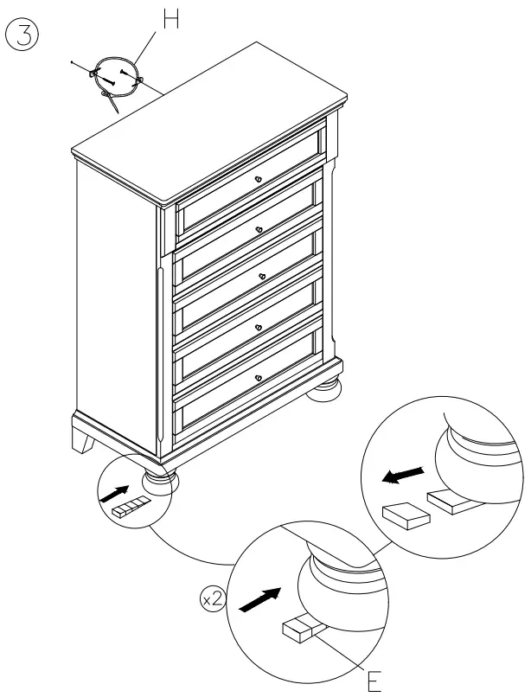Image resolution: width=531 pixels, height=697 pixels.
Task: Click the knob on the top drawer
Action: coord(258,179)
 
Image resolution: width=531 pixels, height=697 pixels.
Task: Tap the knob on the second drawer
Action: coord(259,228)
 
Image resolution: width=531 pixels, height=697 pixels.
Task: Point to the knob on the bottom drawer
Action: coord(258,377)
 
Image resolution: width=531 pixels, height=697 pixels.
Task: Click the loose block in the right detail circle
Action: coord(406,516)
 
